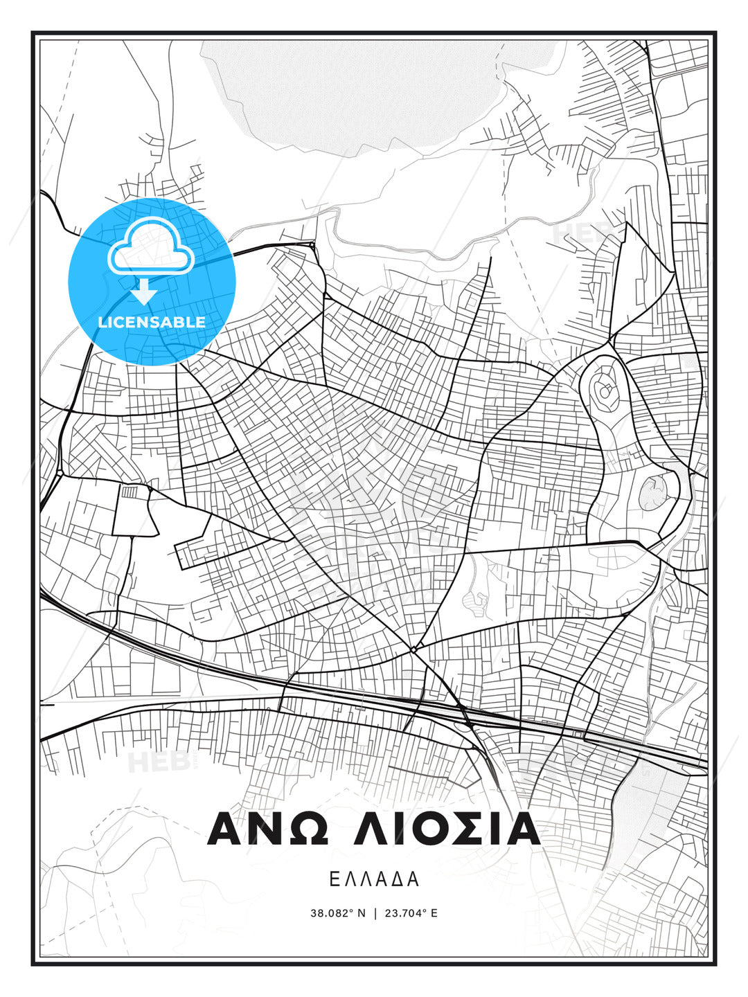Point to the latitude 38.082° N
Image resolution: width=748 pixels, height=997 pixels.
337,913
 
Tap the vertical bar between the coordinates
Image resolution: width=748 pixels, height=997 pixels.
375,913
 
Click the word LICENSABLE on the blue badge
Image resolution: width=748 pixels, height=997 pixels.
152,322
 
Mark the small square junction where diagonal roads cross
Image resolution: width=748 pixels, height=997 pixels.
413,649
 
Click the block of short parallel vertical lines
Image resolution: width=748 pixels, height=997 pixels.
130,492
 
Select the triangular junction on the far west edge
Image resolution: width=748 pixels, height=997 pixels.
60,473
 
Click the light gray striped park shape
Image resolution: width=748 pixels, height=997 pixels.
475,596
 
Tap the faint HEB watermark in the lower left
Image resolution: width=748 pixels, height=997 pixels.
150,762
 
